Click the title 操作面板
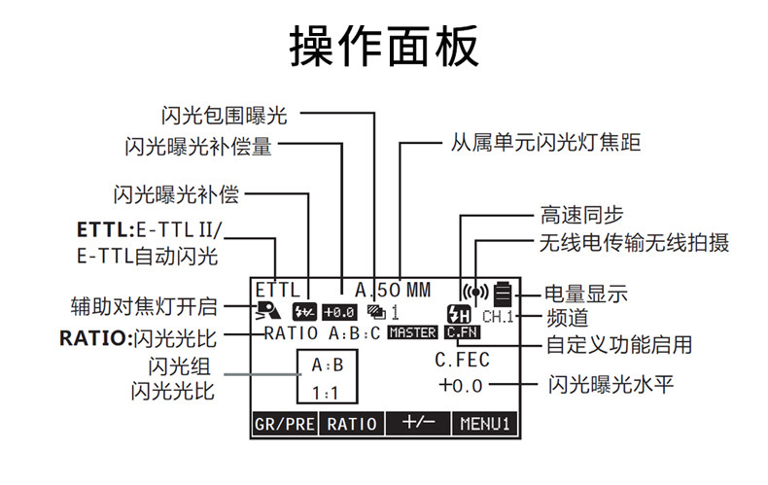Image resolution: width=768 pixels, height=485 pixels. pyautogui.click(x=384, y=46)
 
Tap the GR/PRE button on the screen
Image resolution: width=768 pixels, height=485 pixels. pyautogui.click(x=284, y=424)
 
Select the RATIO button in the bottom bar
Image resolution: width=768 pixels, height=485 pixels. pyautogui.click(x=352, y=424)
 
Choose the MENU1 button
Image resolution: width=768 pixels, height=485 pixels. pyautogui.click(x=485, y=424)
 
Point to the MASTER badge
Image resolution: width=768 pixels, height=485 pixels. pyautogui.click(x=412, y=332)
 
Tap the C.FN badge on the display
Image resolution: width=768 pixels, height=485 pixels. pyautogui.click(x=463, y=332)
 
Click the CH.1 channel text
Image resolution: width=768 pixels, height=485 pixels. pyautogui.click(x=498, y=317)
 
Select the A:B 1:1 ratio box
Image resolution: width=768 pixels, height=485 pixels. pyautogui.click(x=328, y=350)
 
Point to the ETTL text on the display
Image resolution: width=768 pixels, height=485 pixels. pyautogui.click(x=277, y=290)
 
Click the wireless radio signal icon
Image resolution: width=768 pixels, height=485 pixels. pyautogui.click(x=475, y=293)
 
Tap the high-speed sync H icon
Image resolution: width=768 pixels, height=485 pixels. pyautogui.click(x=459, y=314)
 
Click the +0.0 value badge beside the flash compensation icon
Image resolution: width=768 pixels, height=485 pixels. pyautogui.click(x=339, y=312)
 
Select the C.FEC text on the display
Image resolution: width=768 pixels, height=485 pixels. pyautogui.click(x=462, y=360)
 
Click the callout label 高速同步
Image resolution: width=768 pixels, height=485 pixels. pyautogui.click(x=582, y=215)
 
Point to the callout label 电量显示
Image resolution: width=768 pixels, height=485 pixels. pyautogui.click(x=586, y=294)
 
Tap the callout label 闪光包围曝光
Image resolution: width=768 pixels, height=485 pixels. pyautogui.click(x=225, y=116)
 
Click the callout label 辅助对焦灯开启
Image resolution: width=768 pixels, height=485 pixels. pyautogui.click(x=144, y=306)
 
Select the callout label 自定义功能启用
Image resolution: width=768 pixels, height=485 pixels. pyautogui.click(x=619, y=344)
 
